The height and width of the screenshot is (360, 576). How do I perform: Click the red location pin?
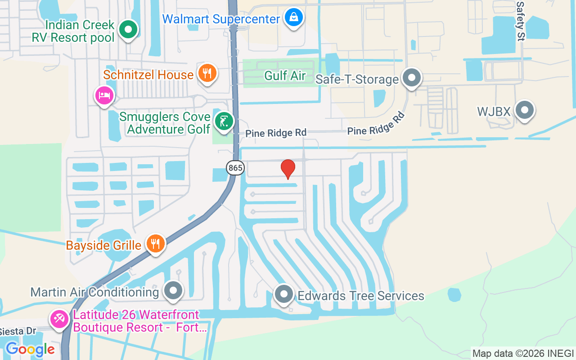click(288, 169)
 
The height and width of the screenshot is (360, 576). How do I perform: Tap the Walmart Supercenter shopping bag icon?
click(294, 18)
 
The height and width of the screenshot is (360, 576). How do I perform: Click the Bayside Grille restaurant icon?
click(155, 244)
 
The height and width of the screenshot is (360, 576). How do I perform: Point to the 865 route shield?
click(235, 168)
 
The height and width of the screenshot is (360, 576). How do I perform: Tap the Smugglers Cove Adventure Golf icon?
click(224, 121)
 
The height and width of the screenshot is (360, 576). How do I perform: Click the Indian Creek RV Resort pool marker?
click(128, 30)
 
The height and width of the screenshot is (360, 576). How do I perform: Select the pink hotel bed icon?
click(104, 95)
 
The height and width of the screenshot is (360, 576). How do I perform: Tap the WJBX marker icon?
click(524, 110)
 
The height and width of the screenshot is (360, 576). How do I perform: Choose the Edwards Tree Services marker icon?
click(284, 295)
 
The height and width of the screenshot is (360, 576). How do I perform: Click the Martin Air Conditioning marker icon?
click(173, 291)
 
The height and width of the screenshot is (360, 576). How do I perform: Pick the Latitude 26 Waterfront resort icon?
click(59, 319)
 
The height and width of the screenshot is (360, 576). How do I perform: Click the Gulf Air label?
click(285, 76)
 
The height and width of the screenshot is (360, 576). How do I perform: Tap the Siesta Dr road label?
click(18, 331)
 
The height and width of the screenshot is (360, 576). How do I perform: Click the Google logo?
click(30, 349)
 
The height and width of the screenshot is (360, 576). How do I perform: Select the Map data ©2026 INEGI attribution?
click(523, 354)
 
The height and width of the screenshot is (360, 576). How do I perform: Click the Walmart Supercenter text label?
click(221, 19)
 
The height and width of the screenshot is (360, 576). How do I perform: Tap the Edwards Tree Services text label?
click(361, 296)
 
